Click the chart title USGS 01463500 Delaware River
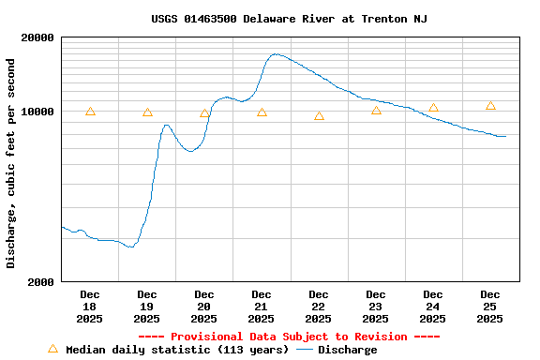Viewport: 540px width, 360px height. (x=289, y=19)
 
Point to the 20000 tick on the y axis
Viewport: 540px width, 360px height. (x=38, y=38)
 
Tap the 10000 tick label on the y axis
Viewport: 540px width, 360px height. (x=38, y=112)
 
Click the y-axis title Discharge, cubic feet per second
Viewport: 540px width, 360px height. (x=11, y=163)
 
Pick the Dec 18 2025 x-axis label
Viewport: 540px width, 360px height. (x=90, y=307)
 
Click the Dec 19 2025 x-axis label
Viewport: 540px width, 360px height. (x=147, y=307)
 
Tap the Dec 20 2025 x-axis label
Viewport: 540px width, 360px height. (x=204, y=307)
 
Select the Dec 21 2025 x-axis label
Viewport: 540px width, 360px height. (x=262, y=307)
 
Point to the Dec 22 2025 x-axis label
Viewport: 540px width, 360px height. (x=319, y=307)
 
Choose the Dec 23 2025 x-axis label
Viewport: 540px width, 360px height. (x=376, y=307)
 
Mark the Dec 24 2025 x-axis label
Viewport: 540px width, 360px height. (x=433, y=307)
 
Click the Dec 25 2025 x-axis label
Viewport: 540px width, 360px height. (x=490, y=307)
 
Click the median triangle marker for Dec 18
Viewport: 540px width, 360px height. (x=90, y=112)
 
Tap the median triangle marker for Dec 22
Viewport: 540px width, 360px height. (x=319, y=116)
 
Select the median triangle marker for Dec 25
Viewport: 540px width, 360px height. (x=490, y=106)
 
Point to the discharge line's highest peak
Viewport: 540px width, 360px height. (x=275, y=54)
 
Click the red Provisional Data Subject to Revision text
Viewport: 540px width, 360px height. (x=289, y=337)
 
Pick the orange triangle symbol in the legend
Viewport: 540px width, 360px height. (x=52, y=349)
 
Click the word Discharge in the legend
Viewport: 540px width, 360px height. (x=347, y=350)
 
